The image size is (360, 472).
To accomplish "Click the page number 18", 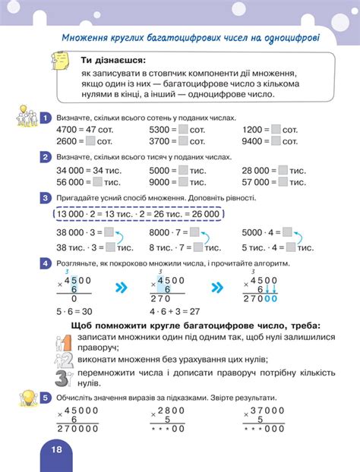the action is tap(56, 449).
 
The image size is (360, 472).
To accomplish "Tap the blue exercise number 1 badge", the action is tap(46, 118).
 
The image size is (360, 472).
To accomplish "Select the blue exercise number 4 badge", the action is tap(46, 262).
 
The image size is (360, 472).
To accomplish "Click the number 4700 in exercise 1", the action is tap(67, 130).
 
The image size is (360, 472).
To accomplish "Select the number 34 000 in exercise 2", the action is tap(71, 171).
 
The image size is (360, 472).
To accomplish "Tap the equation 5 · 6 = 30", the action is tap(74, 310).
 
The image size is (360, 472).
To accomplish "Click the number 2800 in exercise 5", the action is tap(174, 410).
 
